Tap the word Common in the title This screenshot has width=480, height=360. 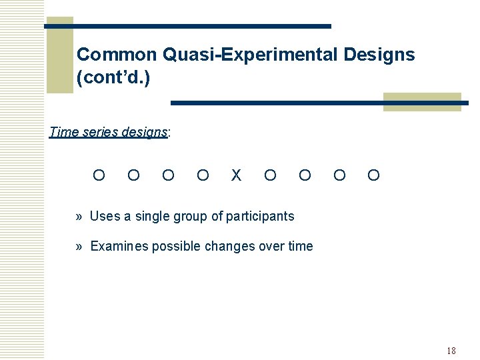(116, 55)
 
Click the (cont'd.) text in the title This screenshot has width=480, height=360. (113, 78)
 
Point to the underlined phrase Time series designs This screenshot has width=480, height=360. (109, 132)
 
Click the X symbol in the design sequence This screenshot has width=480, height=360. (236, 175)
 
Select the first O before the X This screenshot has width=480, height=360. (99, 175)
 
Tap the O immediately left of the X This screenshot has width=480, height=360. (203, 175)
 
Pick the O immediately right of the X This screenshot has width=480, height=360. (270, 175)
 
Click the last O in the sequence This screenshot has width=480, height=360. (374, 175)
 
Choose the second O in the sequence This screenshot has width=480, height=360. (133, 175)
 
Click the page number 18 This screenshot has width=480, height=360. (451, 351)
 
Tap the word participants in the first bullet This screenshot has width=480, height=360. (260, 216)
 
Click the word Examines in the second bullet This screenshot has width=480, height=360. (119, 247)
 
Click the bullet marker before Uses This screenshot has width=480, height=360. (79, 216)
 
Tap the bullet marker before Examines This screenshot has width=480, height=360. (79, 247)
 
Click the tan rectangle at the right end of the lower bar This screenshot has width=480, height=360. (422, 102)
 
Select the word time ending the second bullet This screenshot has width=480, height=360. (300, 247)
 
